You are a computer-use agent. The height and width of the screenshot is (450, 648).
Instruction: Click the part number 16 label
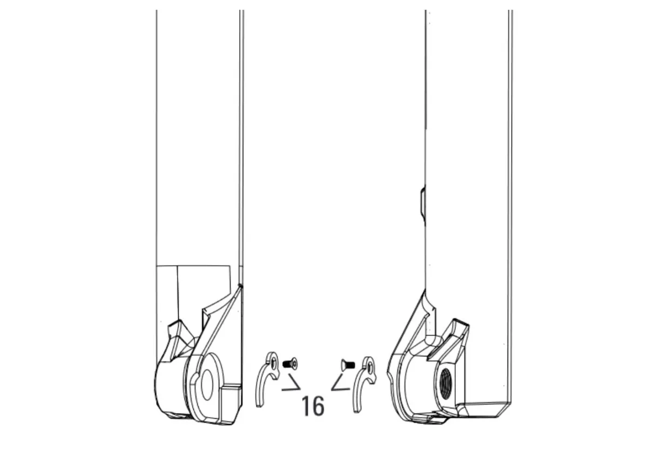[x=313, y=406]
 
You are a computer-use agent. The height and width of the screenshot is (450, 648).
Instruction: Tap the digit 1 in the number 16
[x=306, y=406]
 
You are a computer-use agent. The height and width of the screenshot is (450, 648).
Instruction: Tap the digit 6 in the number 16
[x=319, y=406]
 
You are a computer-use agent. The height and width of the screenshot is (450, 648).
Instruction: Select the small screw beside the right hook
[x=347, y=366]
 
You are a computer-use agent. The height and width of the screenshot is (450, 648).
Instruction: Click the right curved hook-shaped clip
[x=362, y=384]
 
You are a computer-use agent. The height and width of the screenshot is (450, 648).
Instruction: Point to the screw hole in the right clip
[x=369, y=366]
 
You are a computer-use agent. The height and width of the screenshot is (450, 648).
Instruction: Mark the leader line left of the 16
[x=292, y=385]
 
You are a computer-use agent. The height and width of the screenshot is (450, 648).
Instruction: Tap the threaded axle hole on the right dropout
[x=446, y=383]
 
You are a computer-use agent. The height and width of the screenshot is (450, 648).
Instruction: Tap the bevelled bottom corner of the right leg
[x=486, y=411]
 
